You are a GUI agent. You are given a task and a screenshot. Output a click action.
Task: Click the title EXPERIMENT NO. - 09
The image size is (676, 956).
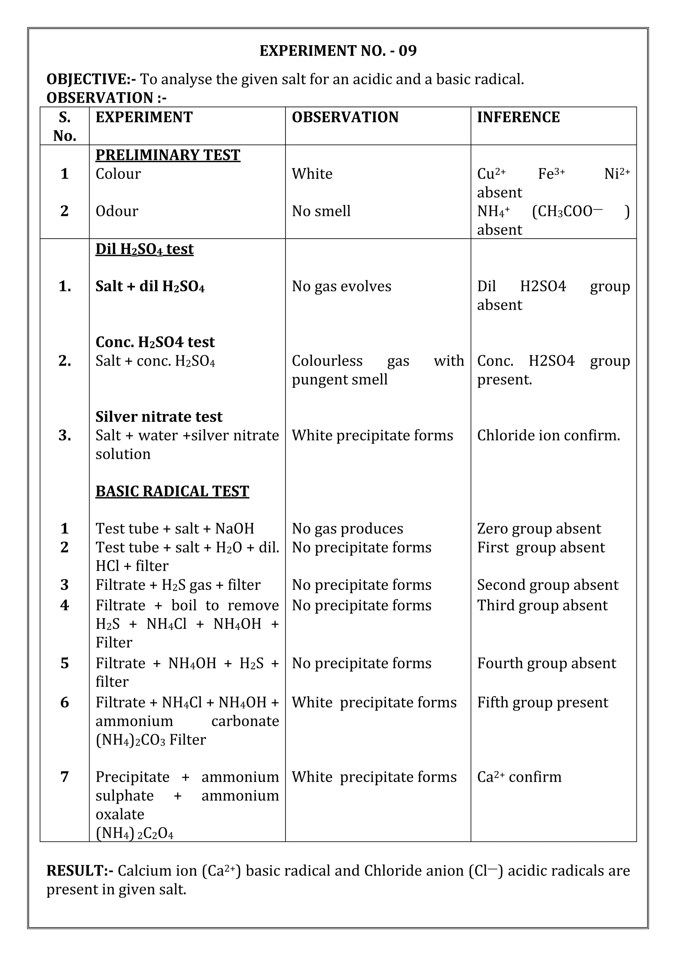tap(338, 51)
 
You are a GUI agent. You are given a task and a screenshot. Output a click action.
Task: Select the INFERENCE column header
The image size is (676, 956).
tap(518, 118)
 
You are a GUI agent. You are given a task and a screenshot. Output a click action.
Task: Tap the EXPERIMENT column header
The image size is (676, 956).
tap(144, 118)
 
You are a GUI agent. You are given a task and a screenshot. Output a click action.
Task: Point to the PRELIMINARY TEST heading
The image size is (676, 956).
tap(168, 155)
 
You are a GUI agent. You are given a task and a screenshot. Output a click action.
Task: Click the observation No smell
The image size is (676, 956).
tap(321, 211)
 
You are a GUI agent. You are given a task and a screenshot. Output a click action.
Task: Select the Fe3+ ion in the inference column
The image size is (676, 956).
tap(551, 173)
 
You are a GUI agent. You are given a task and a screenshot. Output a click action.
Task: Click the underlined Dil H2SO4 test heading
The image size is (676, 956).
tap(145, 249)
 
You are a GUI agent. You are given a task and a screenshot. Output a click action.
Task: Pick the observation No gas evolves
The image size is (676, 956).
tap(341, 286)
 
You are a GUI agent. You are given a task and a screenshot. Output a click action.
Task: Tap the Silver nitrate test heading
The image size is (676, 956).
tap(159, 416)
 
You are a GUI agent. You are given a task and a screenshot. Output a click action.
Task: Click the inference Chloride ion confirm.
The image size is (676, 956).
tap(548, 435)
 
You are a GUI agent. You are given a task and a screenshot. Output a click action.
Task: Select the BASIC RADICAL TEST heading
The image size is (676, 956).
tap(172, 491)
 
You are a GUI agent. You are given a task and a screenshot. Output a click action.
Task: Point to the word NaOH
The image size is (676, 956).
tap(234, 529)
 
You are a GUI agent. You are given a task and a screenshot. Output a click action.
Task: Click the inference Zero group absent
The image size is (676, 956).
tap(539, 529)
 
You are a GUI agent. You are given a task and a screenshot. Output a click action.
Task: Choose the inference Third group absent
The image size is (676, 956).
tap(542, 605)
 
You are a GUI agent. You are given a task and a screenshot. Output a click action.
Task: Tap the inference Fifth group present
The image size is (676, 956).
tap(542, 702)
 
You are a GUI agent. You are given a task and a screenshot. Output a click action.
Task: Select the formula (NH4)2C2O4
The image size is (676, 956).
tap(134, 833)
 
